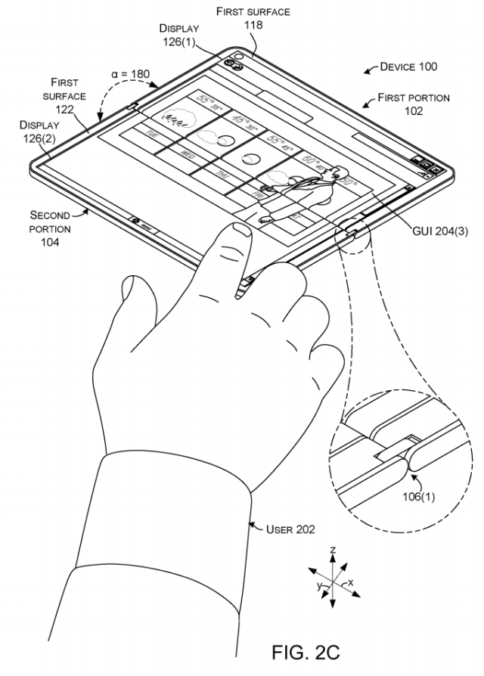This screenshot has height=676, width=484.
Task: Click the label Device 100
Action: tap(408, 67)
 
